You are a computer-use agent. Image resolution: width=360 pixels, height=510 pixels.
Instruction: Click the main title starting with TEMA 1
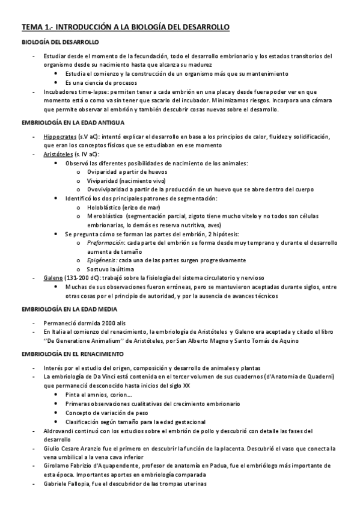[125, 28]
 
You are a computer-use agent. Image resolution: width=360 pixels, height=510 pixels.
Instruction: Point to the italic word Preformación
[106, 242]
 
